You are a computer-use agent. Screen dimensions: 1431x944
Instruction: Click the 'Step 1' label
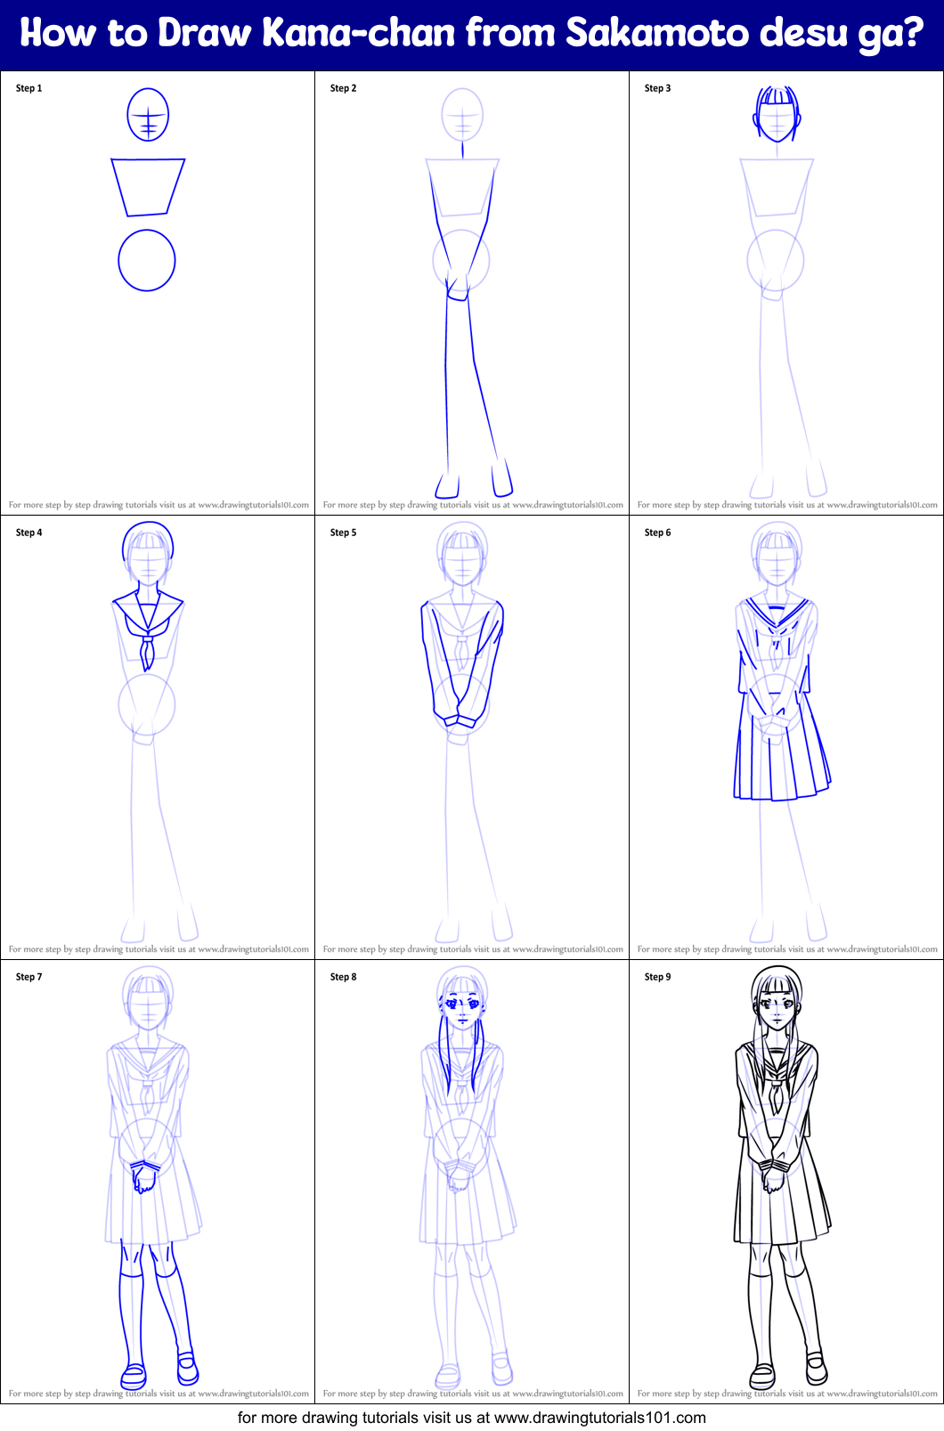pyautogui.click(x=28, y=88)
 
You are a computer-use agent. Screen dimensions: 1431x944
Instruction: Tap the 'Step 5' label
pyautogui.click(x=343, y=533)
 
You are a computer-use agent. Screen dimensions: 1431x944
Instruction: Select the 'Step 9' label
pyautogui.click(x=657, y=977)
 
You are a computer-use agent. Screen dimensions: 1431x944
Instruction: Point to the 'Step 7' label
pyautogui.click(x=28, y=977)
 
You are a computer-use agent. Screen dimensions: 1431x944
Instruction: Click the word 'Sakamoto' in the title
pyautogui.click(x=657, y=34)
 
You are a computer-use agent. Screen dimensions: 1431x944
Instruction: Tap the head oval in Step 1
pyautogui.click(x=148, y=115)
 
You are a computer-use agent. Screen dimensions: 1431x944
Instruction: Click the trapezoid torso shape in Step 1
pyautogui.click(x=148, y=186)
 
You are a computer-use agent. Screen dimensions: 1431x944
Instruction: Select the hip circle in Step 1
pyautogui.click(x=147, y=260)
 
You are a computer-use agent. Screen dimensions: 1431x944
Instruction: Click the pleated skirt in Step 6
pyautogui.click(x=781, y=757)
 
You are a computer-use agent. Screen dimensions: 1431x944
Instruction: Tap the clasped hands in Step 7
pyautogui.click(x=144, y=1175)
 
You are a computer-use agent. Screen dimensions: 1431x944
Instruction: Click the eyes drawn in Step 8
pyautogui.click(x=463, y=1004)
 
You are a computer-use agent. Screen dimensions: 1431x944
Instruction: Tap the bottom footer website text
pyautogui.click(x=471, y=1418)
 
